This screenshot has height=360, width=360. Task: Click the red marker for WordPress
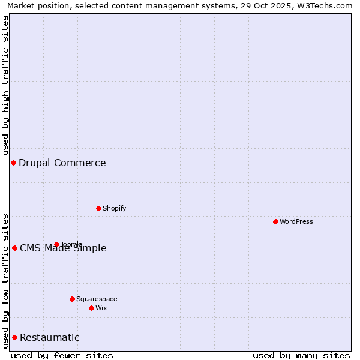point(275,221)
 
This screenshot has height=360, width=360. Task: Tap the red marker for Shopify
point(98,208)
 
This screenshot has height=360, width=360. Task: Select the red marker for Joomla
point(56,244)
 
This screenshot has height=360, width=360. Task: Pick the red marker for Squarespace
point(72,299)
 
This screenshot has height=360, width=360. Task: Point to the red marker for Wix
point(91,308)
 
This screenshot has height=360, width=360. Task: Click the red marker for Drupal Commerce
point(13,163)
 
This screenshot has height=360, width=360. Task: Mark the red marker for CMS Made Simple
point(14,248)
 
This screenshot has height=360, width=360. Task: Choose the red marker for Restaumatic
point(14,337)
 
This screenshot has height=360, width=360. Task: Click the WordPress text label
point(296,221)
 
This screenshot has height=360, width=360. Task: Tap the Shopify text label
point(115,208)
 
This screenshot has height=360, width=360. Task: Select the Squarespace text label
point(97,299)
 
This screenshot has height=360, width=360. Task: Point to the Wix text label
point(101,308)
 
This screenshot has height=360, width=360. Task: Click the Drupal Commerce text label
point(62,163)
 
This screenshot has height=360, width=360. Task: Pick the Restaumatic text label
point(50,337)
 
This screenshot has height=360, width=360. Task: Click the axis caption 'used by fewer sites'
point(62,355)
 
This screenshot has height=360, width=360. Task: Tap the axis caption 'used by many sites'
point(301,355)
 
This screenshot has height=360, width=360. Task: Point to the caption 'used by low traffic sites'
point(5,280)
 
